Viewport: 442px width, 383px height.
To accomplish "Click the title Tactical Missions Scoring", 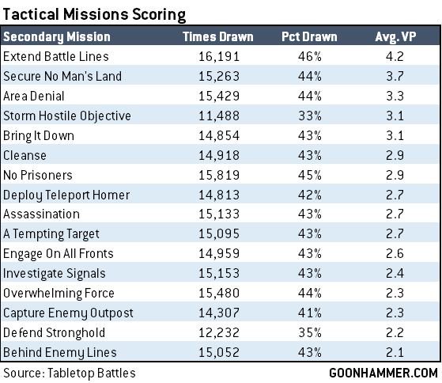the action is (94, 14).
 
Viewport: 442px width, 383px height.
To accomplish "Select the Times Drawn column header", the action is (218, 36).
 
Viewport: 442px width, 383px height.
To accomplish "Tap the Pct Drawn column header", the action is (309, 36).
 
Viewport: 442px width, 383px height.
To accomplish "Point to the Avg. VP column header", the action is (395, 37).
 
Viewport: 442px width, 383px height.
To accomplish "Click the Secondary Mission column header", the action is (57, 37).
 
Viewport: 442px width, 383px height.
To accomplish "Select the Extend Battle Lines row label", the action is (56, 56).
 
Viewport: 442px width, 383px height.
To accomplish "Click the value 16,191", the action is (219, 56).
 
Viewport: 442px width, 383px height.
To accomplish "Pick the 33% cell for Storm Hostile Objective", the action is (310, 116).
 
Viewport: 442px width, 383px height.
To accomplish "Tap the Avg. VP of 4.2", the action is (395, 56).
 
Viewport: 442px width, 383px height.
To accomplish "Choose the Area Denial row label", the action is (34, 96).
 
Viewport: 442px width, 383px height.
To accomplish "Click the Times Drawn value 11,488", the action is (219, 116).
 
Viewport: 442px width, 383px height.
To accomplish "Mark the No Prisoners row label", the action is (38, 175).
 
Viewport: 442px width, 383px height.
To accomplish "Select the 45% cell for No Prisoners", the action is (310, 175).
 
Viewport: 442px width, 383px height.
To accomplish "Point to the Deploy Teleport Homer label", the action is (66, 195).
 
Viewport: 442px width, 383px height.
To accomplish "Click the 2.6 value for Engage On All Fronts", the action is (395, 253).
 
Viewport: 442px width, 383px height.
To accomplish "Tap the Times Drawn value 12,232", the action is (219, 332).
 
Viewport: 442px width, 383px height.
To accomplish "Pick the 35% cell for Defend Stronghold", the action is (310, 332).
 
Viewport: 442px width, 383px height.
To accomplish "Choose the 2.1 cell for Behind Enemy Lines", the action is (395, 352).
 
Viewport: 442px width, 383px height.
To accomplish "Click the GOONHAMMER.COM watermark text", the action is (383, 373).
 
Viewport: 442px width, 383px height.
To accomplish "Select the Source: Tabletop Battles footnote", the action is (70, 373).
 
